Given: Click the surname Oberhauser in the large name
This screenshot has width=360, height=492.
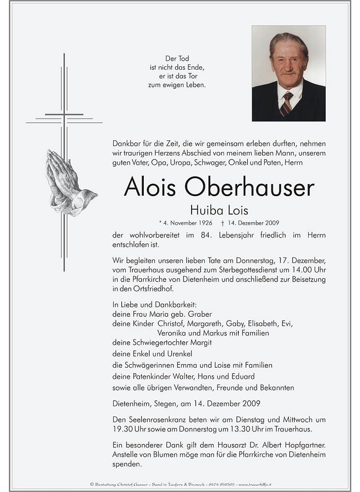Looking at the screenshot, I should [249, 187].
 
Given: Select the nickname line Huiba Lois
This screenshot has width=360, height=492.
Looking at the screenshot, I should [219, 210].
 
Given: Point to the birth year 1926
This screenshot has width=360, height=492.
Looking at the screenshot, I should [205, 223].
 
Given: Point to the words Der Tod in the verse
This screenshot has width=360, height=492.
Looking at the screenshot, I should [177, 59].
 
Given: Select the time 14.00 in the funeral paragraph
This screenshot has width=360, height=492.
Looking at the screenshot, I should [301, 270].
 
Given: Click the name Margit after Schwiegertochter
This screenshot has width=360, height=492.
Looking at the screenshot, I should [201, 343].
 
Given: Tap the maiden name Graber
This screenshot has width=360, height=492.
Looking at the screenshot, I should [200, 314].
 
